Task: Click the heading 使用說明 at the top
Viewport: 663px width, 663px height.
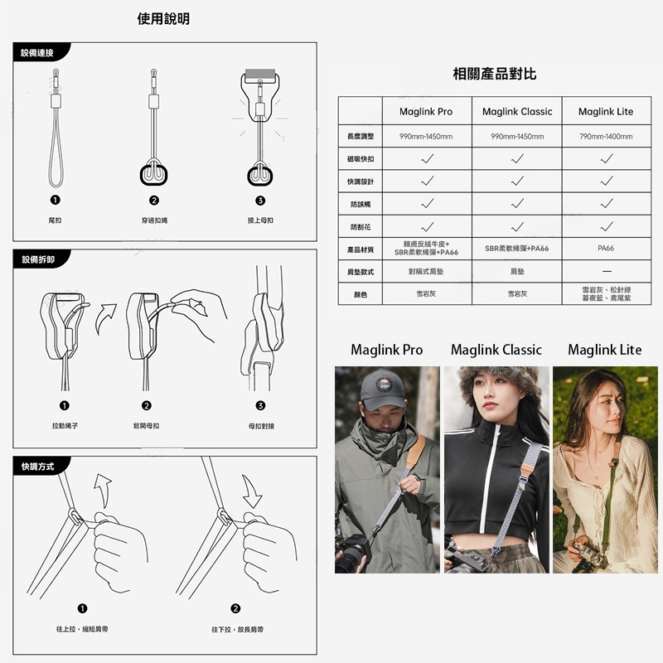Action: pyautogui.click(x=169, y=18)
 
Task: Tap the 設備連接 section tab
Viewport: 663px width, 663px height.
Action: pyautogui.click(x=38, y=53)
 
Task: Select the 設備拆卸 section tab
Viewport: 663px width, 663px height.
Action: pyautogui.click(x=38, y=261)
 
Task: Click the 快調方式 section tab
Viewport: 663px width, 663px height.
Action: pyautogui.click(x=38, y=467)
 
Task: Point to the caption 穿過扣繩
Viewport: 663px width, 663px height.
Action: pyautogui.click(x=154, y=220)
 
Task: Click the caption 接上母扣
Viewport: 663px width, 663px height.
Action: pyautogui.click(x=260, y=220)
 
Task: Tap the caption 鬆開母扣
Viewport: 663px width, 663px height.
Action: pyautogui.click(x=146, y=425)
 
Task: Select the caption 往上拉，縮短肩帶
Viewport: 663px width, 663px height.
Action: pyautogui.click(x=82, y=630)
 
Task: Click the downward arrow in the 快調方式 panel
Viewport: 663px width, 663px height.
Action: pyautogui.click(x=251, y=494)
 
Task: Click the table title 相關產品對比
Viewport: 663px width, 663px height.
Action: pyautogui.click(x=495, y=75)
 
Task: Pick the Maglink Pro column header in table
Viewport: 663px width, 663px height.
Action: pyautogui.click(x=426, y=112)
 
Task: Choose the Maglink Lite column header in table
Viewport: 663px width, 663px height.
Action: pyautogui.click(x=605, y=112)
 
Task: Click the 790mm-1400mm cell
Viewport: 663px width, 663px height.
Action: pyautogui.click(x=605, y=137)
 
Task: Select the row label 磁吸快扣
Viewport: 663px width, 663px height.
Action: pyautogui.click(x=361, y=158)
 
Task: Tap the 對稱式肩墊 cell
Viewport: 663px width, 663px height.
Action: pyautogui.click(x=426, y=272)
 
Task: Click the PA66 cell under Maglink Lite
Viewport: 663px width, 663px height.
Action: pyautogui.click(x=605, y=249)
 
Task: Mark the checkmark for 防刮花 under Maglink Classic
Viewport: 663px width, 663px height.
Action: pyautogui.click(x=516, y=226)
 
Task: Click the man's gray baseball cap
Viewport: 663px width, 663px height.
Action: pyautogui.click(x=382, y=388)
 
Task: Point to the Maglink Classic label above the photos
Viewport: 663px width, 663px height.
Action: pyautogui.click(x=496, y=350)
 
